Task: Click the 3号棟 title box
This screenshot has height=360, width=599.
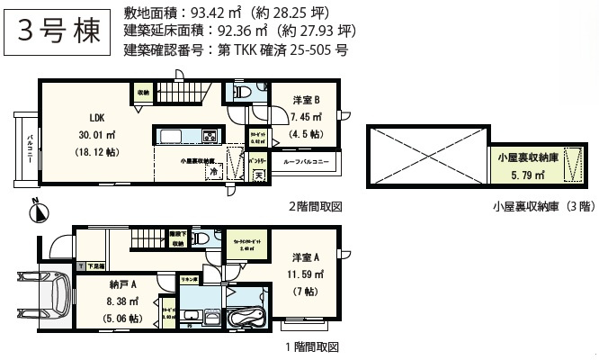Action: coord(58,32)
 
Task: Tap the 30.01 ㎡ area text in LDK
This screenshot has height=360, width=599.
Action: coord(97,136)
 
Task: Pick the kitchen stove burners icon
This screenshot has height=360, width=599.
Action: coord(208,137)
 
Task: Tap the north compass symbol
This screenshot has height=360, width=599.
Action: coord(36,211)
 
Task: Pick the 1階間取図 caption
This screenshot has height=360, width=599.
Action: coord(311,346)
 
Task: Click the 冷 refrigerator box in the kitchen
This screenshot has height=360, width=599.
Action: coord(214,172)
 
